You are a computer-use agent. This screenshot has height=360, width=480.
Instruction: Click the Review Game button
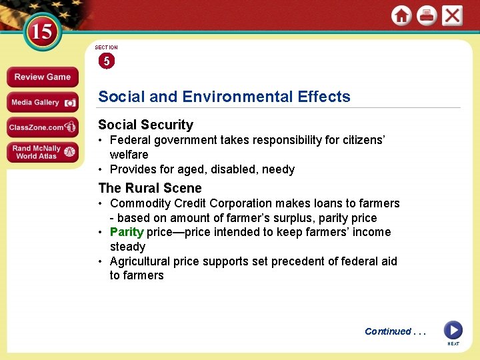[x=42, y=77]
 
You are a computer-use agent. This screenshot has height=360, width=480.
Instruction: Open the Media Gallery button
[x=42, y=103]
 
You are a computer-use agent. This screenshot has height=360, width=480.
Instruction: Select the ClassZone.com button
[x=42, y=127]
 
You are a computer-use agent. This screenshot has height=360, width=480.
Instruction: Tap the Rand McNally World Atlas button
[x=42, y=152]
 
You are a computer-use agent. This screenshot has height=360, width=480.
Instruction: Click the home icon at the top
[x=401, y=16]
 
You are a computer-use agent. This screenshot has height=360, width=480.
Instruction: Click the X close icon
[x=452, y=16]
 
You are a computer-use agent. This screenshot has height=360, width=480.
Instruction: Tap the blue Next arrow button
[x=453, y=330]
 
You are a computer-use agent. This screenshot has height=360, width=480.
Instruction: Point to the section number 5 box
[x=106, y=61]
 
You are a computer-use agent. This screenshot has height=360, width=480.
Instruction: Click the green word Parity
[x=127, y=232]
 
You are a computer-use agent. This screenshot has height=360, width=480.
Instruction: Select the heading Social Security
[x=145, y=125]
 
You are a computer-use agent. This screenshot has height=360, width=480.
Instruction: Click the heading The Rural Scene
[x=149, y=188]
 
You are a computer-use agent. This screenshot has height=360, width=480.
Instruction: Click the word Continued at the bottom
[x=388, y=331]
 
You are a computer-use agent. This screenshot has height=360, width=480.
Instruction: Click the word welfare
[x=129, y=155]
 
